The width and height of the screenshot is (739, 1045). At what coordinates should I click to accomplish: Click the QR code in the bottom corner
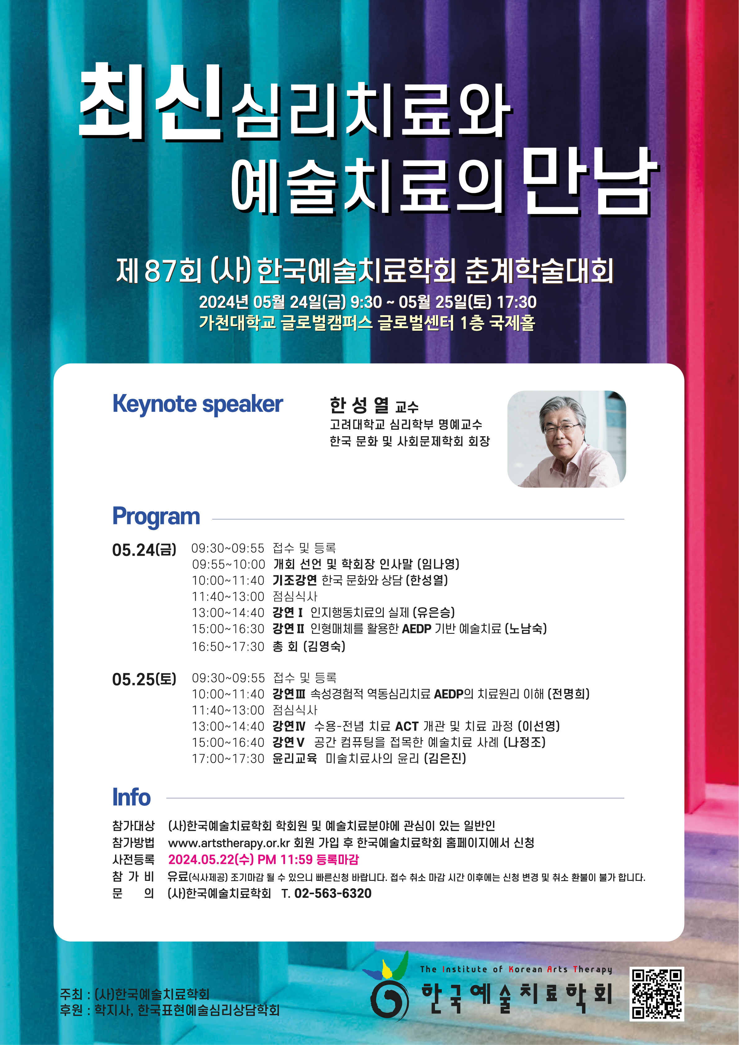coord(657,994)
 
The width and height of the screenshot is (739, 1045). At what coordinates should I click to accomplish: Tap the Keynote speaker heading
coord(198,404)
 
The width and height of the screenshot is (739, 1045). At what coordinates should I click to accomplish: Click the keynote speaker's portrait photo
coord(567,439)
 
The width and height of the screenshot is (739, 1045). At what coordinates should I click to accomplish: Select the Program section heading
coord(156,517)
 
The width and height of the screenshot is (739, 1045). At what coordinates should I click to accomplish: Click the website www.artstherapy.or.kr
coord(229,843)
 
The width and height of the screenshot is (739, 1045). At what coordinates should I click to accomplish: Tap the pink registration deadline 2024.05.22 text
coord(263,859)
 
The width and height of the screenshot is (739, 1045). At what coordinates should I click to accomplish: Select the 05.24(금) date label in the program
coord(144,550)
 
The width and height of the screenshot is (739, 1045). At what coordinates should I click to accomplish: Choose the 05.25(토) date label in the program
coord(144,679)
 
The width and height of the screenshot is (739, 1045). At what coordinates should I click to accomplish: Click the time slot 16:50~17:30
coord(228,647)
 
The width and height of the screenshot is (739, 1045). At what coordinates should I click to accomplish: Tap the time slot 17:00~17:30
coord(228,759)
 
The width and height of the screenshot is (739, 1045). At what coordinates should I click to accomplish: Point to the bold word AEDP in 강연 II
coord(417,629)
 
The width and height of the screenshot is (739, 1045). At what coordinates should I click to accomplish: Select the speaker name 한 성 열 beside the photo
coord(360,405)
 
